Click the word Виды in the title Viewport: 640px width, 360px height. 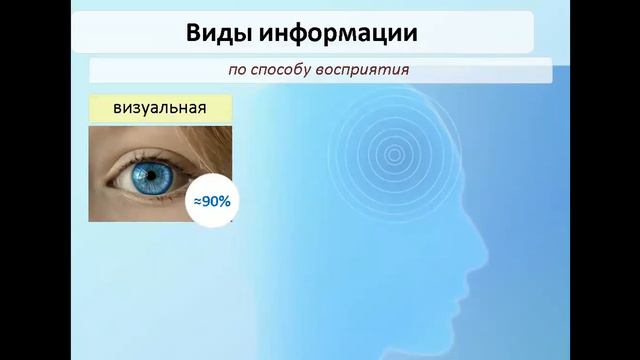[215, 33]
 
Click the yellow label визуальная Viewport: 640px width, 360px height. [160, 108]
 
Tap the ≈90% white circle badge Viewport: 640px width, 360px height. [211, 201]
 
